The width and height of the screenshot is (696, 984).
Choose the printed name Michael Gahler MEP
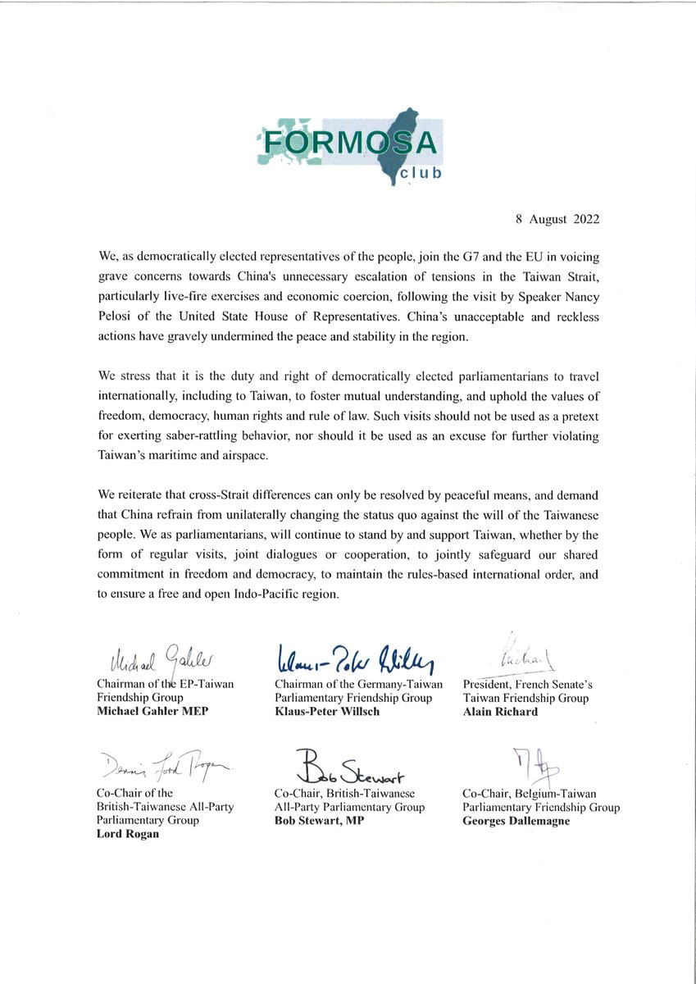click(x=145, y=710)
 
